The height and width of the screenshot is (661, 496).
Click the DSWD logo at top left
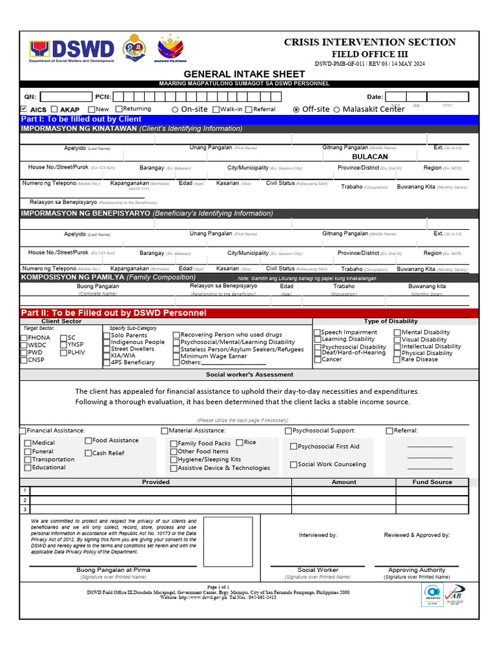[x=72, y=50]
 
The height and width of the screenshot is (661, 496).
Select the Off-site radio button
[x=296, y=110]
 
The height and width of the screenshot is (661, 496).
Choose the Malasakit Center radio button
[x=336, y=110]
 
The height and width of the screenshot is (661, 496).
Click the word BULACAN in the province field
[x=369, y=157]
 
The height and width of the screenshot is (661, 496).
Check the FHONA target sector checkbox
[x=24, y=338]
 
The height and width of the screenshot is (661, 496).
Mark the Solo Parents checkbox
[x=107, y=336]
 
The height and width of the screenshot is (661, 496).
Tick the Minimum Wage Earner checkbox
[x=176, y=356]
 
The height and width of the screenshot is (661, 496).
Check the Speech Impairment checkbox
[x=317, y=333]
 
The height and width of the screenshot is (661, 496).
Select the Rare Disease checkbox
[x=397, y=360]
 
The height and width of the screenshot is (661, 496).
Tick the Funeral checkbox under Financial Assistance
[x=28, y=452]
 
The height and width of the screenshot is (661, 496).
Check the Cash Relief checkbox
[x=88, y=453]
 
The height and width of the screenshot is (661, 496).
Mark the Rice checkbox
[x=240, y=443]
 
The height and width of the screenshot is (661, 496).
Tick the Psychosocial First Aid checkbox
[x=294, y=447]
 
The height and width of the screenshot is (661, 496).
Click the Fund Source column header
[x=432, y=482]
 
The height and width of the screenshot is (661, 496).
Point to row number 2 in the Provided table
[x=25, y=500]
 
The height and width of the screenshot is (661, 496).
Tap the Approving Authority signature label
[x=417, y=570]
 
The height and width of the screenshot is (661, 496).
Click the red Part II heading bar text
[x=114, y=313]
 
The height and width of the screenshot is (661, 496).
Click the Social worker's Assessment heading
[x=249, y=374]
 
